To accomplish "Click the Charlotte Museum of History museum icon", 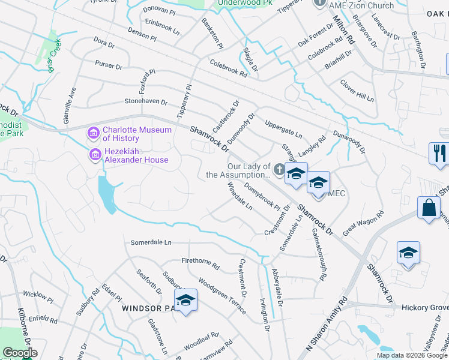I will coord(94,132).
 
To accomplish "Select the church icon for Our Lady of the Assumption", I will coord(279,170).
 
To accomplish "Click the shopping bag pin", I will coord(430,208).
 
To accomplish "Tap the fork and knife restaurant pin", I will coord(439,152).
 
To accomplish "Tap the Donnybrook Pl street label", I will coord(262,196).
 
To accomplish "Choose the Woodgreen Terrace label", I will coord(222,295).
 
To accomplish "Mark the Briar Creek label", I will coord(59,59).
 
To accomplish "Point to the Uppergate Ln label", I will coord(283,133).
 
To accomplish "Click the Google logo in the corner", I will coord(20,353).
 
